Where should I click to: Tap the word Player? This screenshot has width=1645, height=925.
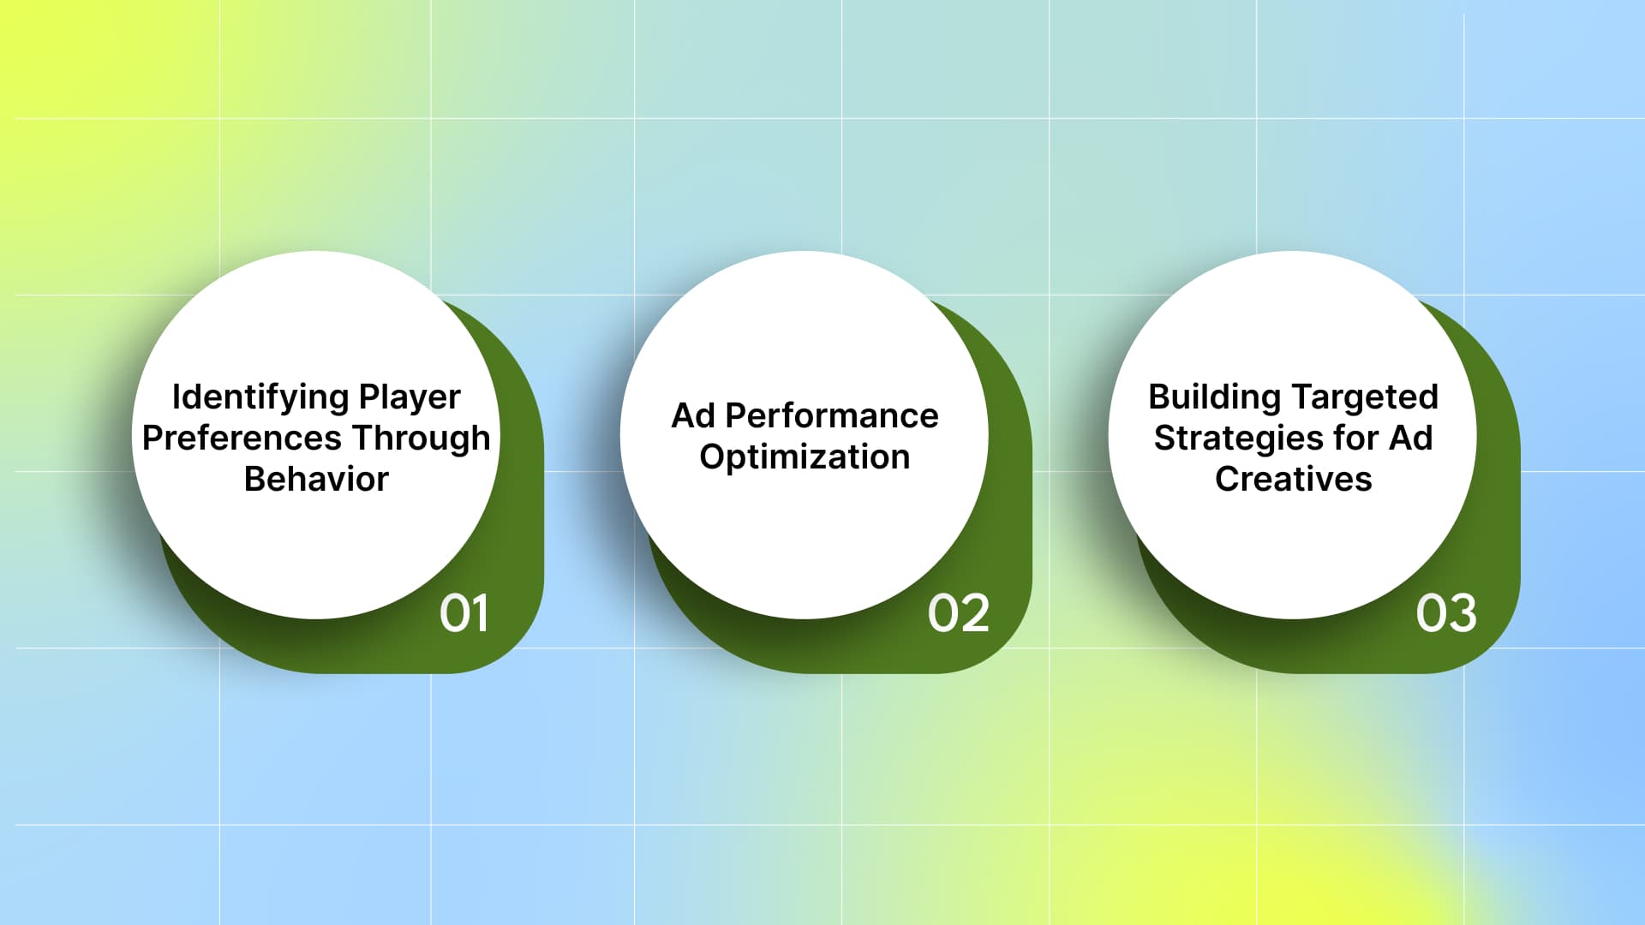[410, 397]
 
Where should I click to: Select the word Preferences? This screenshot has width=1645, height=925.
[242, 439]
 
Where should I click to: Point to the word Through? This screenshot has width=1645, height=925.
[422, 439]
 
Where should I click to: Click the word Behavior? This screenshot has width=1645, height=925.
[316, 480]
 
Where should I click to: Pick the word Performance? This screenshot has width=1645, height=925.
[832, 416]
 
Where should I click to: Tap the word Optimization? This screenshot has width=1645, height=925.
[805, 457]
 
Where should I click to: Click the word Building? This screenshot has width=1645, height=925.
[1214, 397]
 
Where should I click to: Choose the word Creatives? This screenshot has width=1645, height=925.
[1293, 480]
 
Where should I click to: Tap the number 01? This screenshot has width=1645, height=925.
[464, 613]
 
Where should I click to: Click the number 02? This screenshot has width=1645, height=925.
[958, 613]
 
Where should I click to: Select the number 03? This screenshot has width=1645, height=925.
[1446, 613]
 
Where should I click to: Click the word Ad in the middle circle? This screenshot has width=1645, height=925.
[693, 416]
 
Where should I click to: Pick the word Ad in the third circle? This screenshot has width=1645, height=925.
[1410, 439]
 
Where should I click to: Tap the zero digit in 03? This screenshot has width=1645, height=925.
[1431, 613]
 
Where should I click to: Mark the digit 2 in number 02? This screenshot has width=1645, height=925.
[975, 613]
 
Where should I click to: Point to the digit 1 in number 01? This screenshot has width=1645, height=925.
[480, 613]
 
